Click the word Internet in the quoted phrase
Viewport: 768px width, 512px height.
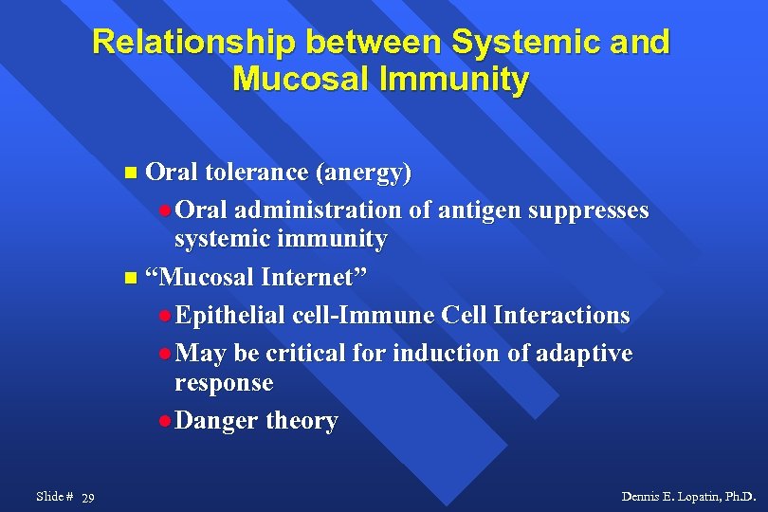314,277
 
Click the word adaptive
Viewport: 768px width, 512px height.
584,354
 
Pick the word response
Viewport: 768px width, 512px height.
224,384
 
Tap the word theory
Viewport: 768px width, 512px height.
302,421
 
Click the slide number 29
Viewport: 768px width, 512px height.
88,498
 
